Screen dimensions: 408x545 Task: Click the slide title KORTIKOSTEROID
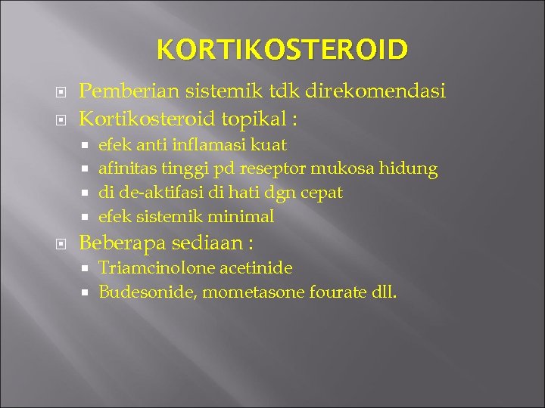tap(282, 51)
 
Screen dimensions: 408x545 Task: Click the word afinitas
tap(124, 168)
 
